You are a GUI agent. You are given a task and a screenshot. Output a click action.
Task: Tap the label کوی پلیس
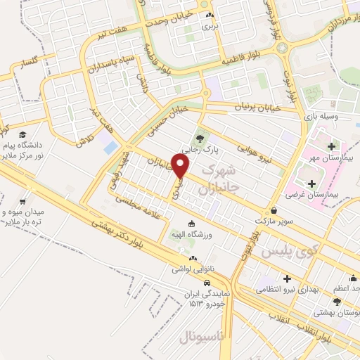click(288, 250)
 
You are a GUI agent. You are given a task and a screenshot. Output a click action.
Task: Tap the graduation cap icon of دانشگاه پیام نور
click(22, 134)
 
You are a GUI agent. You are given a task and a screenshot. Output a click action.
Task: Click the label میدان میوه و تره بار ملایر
click(23, 217)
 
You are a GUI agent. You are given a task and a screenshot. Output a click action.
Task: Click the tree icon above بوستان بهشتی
click(337, 302)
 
